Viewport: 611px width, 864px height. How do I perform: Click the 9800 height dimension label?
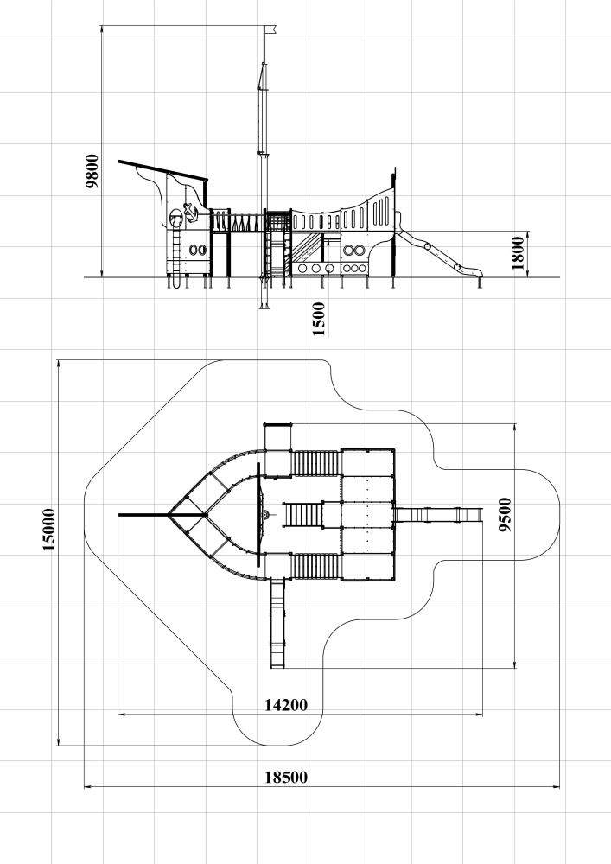(92, 171)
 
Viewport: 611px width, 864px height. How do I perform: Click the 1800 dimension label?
(518, 253)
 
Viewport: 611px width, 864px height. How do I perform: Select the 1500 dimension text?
(318, 319)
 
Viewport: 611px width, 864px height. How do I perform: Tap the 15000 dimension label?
(49, 530)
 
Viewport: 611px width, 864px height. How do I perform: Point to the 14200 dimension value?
(287, 705)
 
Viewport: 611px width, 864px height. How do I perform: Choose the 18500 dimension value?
(287, 778)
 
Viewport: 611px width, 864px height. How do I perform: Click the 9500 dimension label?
(505, 515)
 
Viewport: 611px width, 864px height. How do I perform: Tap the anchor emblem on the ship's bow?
(190, 213)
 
